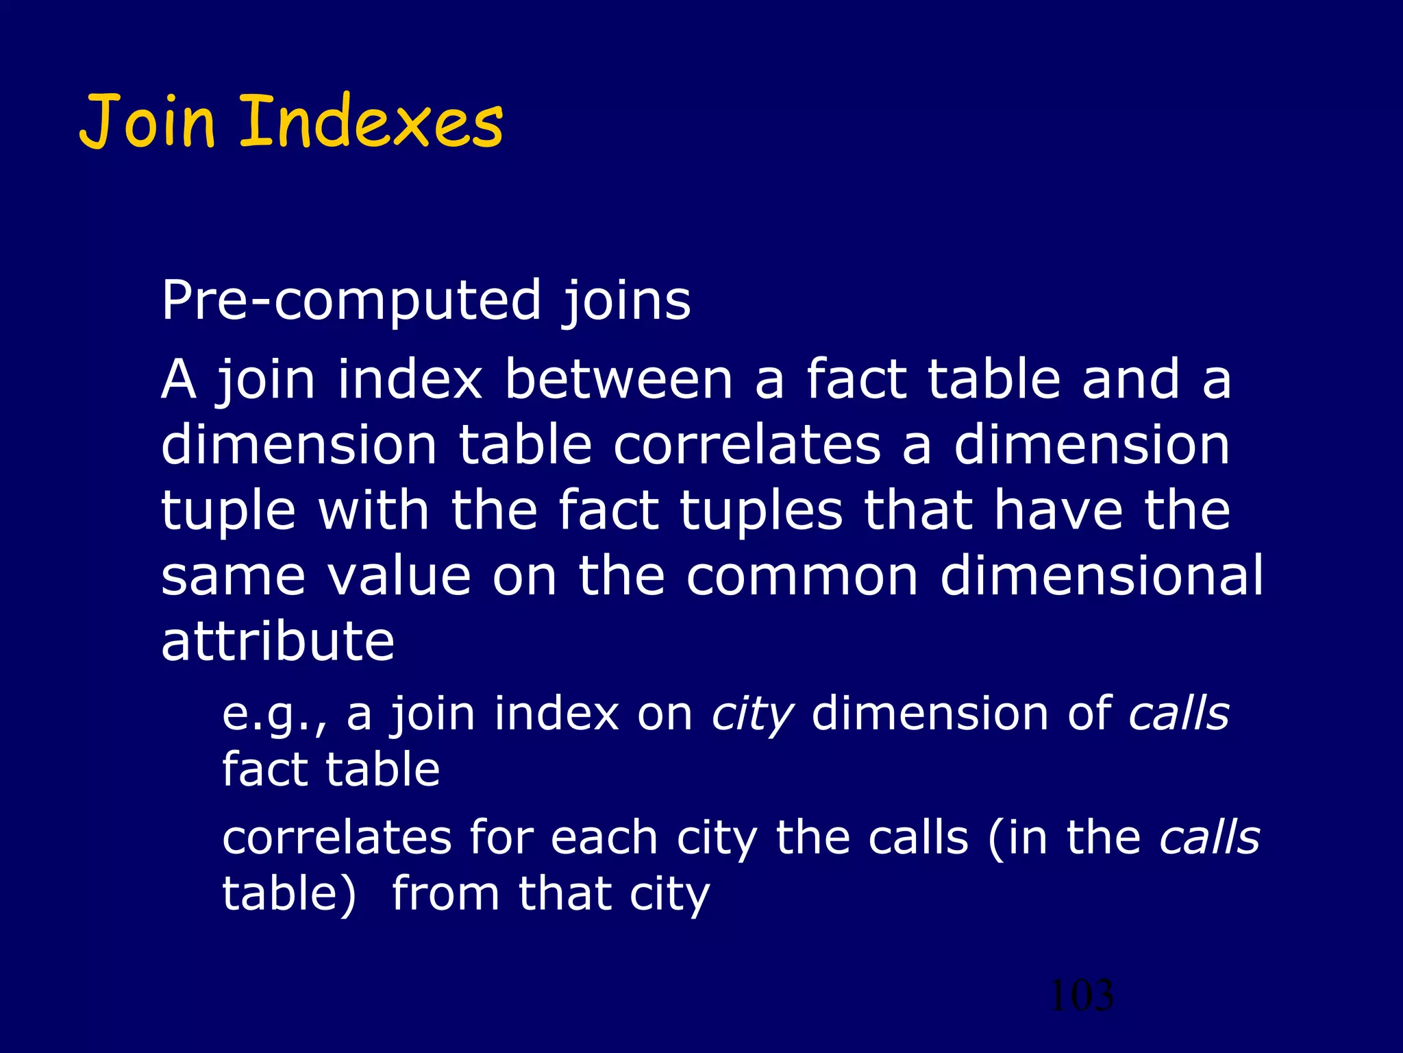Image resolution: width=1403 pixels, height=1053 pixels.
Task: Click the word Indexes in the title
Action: pyautogui.click(x=371, y=123)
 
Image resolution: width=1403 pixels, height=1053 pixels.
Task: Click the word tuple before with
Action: pyautogui.click(x=228, y=511)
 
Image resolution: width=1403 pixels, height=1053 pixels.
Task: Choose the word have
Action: pyautogui.click(x=1058, y=511)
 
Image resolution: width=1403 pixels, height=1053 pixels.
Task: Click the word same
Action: pyautogui.click(x=233, y=576)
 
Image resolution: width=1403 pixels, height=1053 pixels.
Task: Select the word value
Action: pyautogui.click(x=399, y=576)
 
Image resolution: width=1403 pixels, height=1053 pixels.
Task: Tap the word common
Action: pyautogui.click(x=802, y=576)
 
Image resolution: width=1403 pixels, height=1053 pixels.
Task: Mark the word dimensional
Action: pyautogui.click(x=1102, y=576)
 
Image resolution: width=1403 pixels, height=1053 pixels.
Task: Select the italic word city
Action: pyautogui.click(x=752, y=714)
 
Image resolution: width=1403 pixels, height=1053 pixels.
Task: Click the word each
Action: pyautogui.click(x=604, y=838)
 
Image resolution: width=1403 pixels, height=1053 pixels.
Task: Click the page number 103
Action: pyautogui.click(x=1081, y=995)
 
